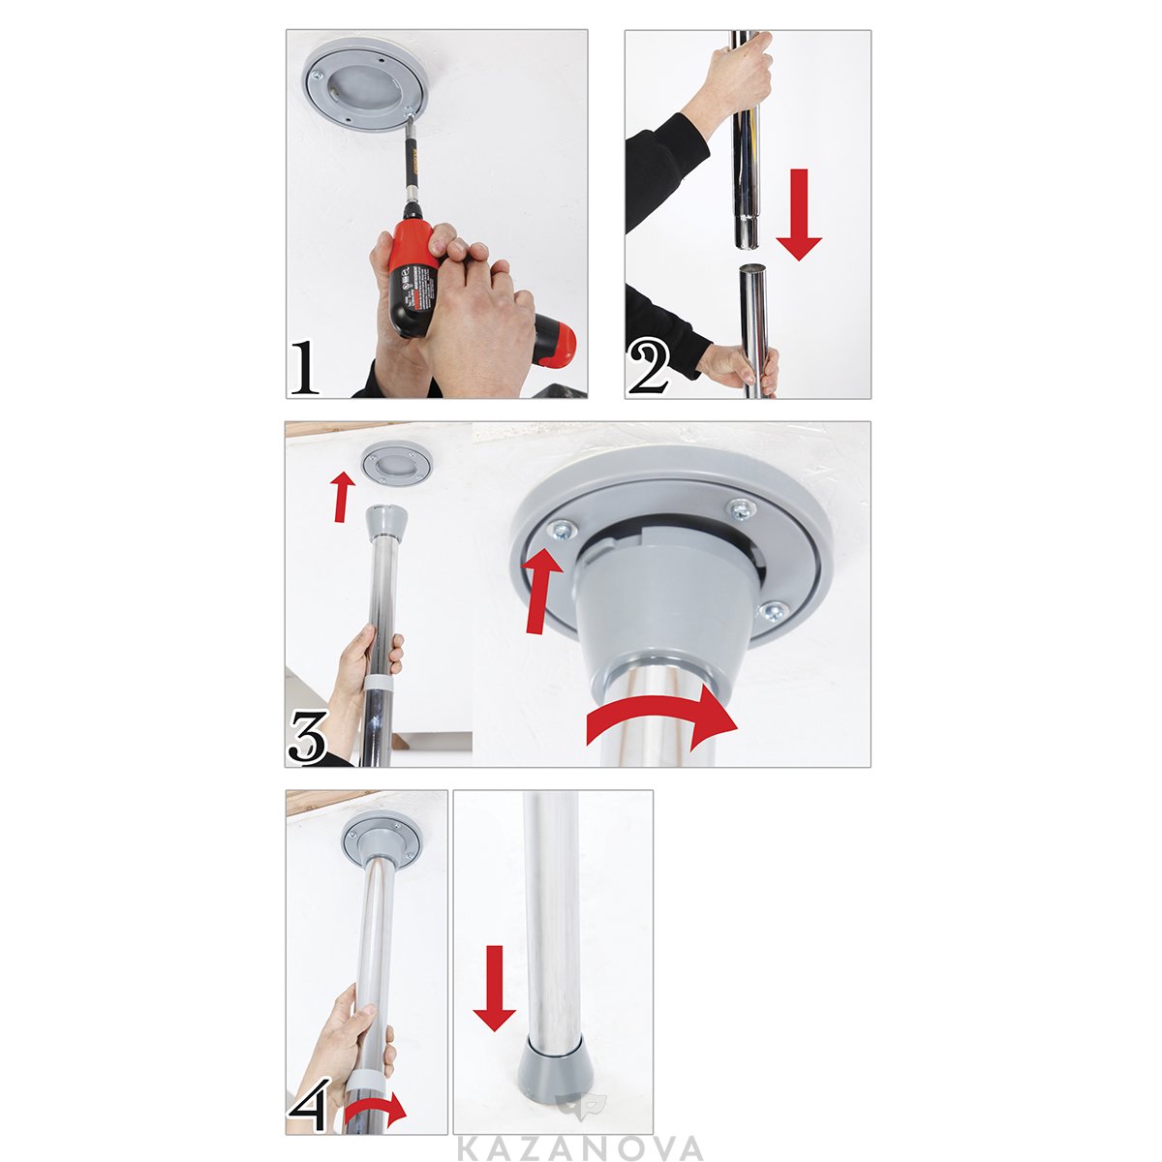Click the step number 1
coord(304,367)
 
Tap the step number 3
coord(308,737)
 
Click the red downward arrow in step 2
coord(799,214)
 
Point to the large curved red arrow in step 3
coord(663,720)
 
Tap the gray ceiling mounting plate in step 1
coord(367,89)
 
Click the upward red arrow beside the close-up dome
coord(540,589)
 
